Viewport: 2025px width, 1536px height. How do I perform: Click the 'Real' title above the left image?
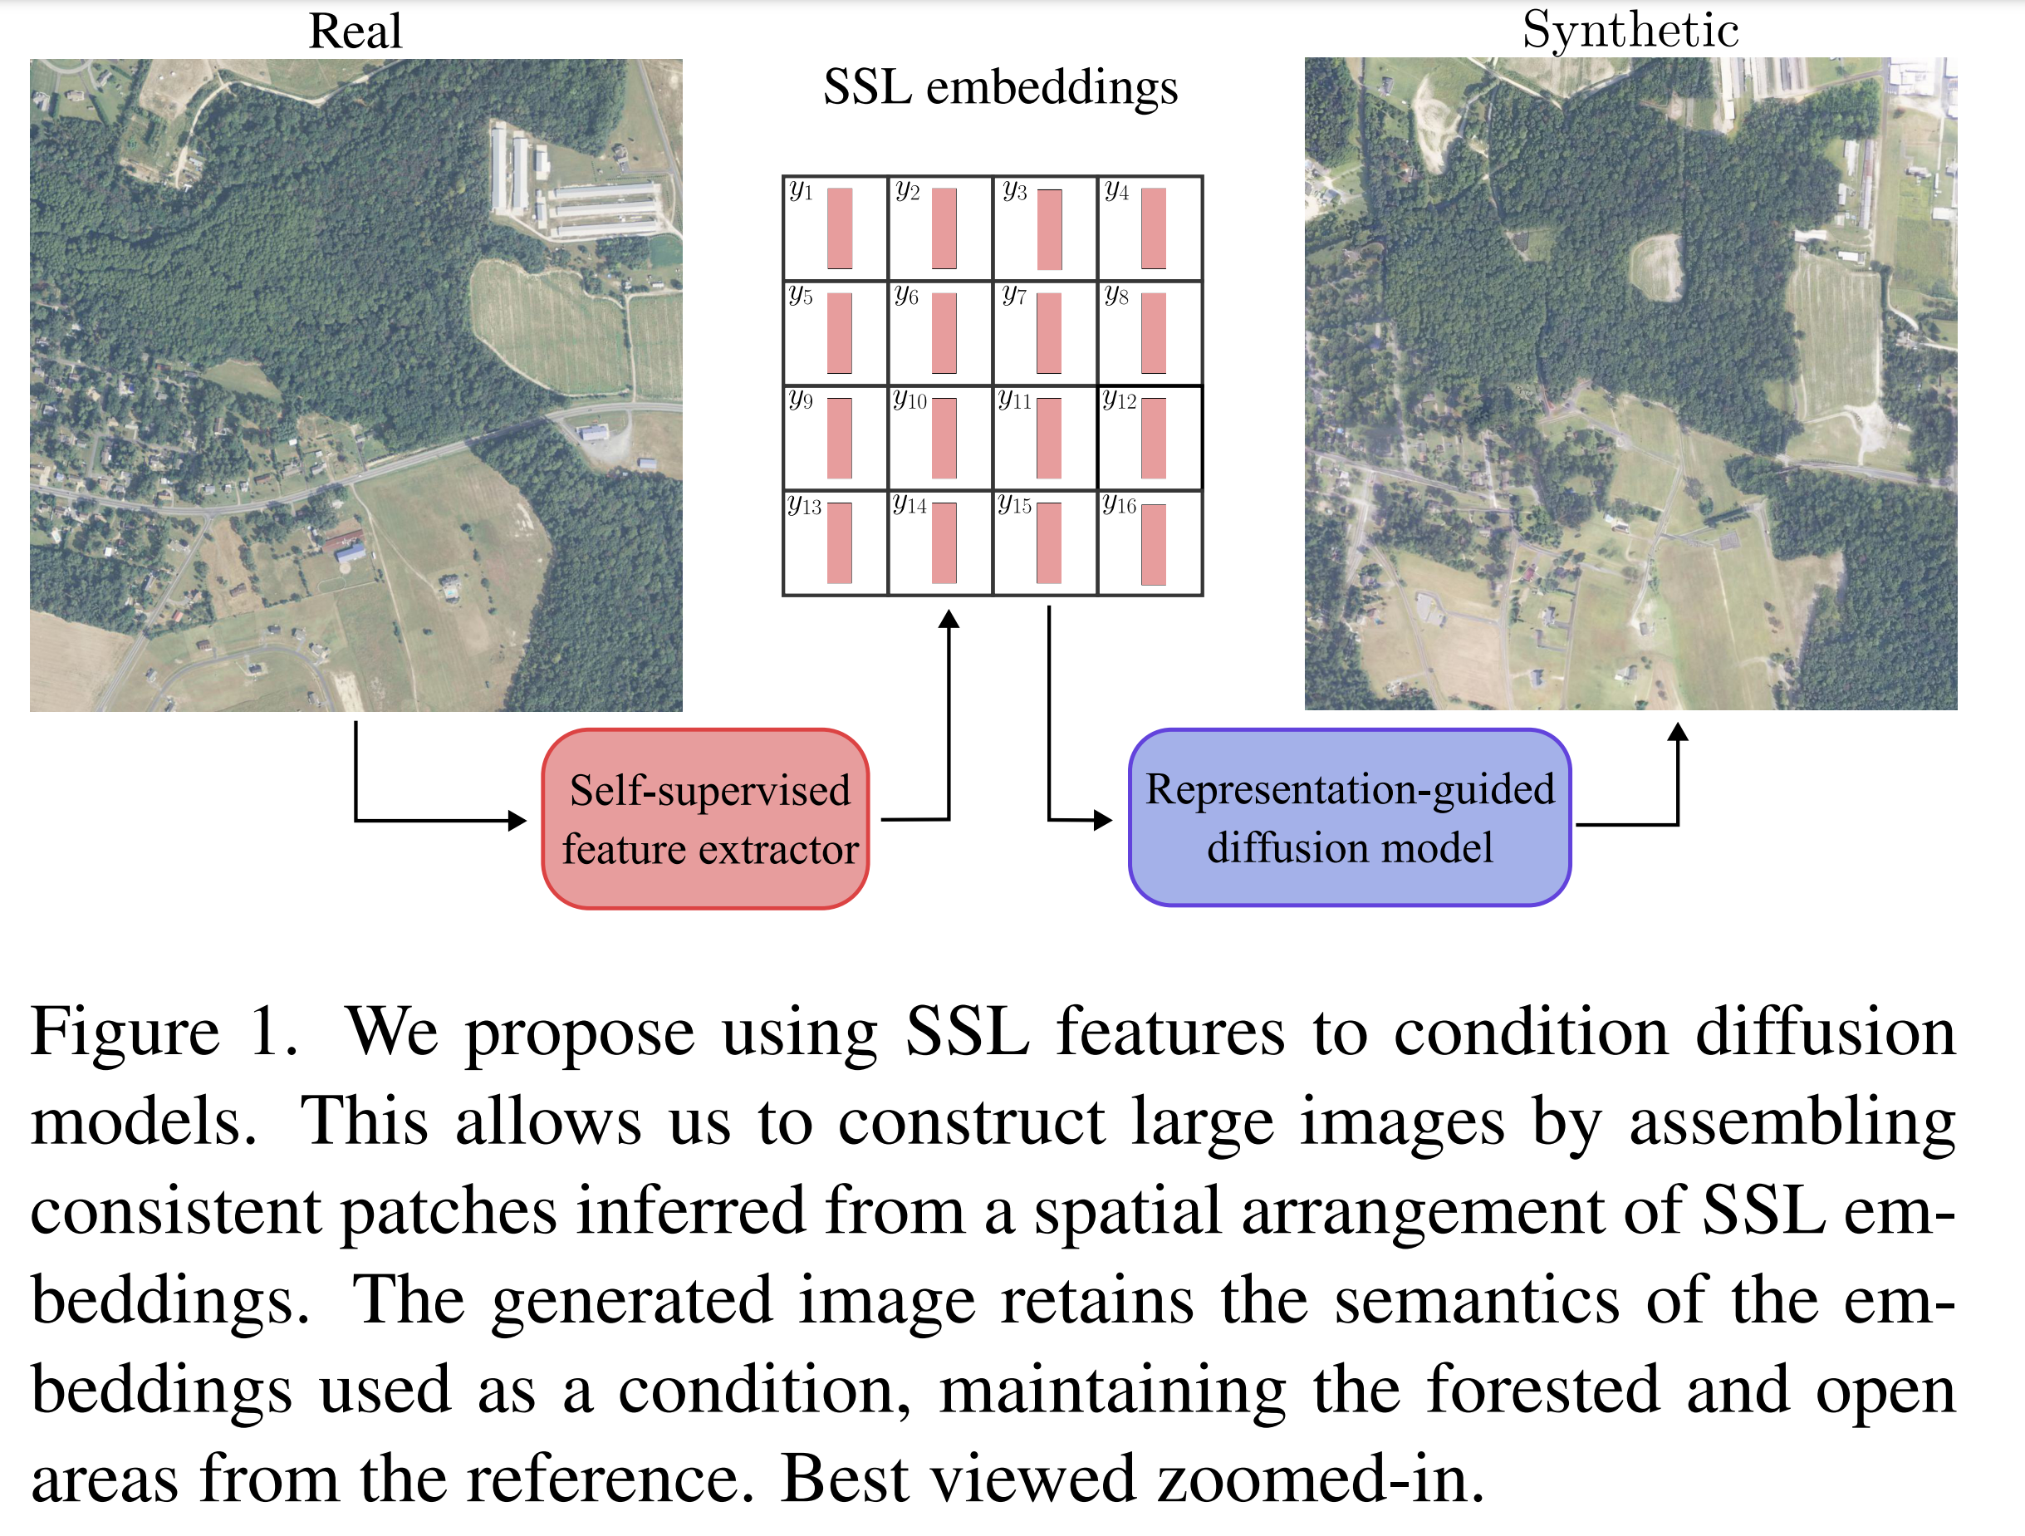pos(355,31)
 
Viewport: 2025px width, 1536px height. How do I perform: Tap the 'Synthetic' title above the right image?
pos(1630,29)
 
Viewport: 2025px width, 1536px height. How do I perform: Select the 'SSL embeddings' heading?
pos(1000,88)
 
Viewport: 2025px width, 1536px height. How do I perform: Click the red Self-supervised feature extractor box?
pos(706,819)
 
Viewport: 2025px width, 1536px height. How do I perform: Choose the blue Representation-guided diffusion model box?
pos(1350,817)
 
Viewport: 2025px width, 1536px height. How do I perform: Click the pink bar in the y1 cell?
pos(840,228)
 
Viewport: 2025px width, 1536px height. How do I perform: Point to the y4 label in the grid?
pos(1116,191)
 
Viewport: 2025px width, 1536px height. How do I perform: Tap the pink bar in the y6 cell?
pos(944,333)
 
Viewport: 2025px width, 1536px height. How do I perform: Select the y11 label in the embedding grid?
pos(1014,400)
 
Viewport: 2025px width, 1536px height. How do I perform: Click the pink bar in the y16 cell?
pos(1154,545)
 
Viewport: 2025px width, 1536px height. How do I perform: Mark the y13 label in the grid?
pos(804,505)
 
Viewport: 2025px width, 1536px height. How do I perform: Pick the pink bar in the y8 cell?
pos(1154,333)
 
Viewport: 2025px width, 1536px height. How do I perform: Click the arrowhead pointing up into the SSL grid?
pos(949,620)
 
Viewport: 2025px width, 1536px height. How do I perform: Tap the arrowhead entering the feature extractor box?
pos(517,820)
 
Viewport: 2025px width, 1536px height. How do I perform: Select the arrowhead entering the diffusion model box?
pos(1103,820)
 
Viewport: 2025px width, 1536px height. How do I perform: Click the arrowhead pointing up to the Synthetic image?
pos(1677,731)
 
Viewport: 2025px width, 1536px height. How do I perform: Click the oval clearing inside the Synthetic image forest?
pos(1656,266)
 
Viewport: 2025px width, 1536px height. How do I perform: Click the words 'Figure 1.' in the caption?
pos(164,1032)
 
